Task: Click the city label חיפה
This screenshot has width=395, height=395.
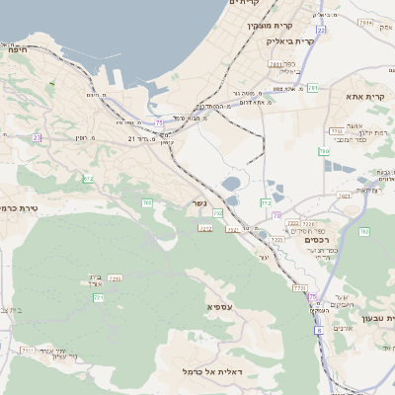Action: [x=13, y=47]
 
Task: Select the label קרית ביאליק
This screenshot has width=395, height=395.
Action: [x=293, y=41]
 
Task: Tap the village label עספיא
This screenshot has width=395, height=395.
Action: [x=220, y=307]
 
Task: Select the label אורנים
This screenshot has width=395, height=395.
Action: [x=343, y=328]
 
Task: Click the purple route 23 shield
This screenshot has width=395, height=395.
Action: [x=37, y=137]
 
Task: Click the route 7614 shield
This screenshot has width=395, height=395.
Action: [x=365, y=22]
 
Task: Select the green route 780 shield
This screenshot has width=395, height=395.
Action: [x=323, y=151]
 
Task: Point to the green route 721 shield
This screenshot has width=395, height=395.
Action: [x=98, y=297]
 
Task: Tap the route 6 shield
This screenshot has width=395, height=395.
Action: [x=319, y=331]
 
